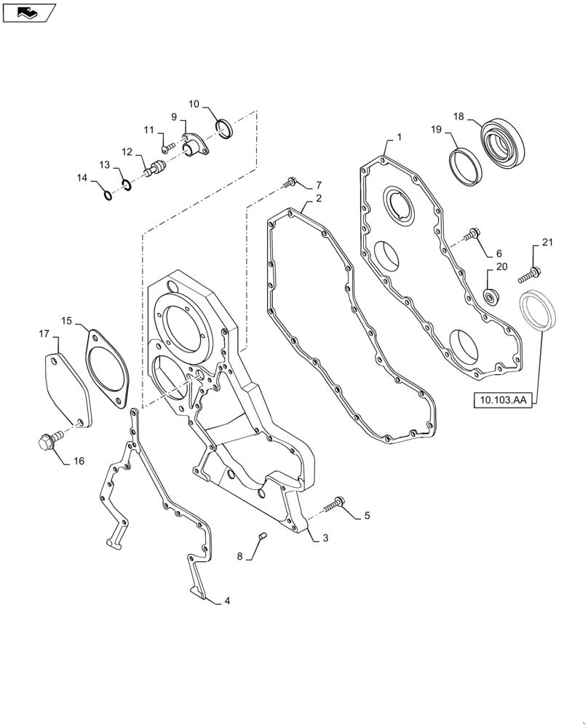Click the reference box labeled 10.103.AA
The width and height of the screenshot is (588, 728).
point(503,400)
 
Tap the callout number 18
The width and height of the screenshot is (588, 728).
point(458,116)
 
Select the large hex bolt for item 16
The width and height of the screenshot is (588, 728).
point(47,441)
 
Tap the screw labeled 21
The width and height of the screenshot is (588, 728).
point(530,275)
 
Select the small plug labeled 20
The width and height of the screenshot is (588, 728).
point(492,296)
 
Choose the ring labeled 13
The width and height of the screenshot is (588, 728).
point(127,184)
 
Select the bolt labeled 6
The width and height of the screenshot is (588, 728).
point(474,234)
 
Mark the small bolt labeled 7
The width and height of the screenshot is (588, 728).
point(291,181)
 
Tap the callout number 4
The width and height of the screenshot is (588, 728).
point(227,601)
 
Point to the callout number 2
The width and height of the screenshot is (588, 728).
point(318,197)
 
